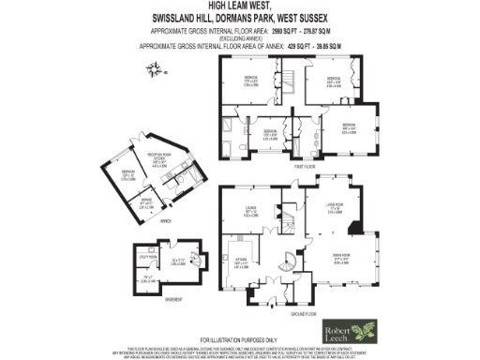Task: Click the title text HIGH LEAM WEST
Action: (x=240, y=7)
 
